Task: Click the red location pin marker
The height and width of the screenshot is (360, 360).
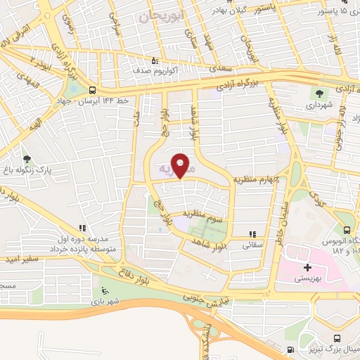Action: tap(181, 165)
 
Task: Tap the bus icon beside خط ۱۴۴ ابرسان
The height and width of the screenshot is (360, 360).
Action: tap(93, 90)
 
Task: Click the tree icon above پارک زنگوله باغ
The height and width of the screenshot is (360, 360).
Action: tap(27, 160)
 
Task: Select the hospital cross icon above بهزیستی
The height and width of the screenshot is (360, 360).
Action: tap(307, 268)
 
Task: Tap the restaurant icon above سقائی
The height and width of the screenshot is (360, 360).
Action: tap(252, 235)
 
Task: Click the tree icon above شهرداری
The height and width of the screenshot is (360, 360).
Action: tap(319, 91)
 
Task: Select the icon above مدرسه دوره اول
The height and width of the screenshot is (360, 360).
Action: tap(83, 228)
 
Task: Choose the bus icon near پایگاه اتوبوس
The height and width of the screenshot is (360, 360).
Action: tap(347, 230)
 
